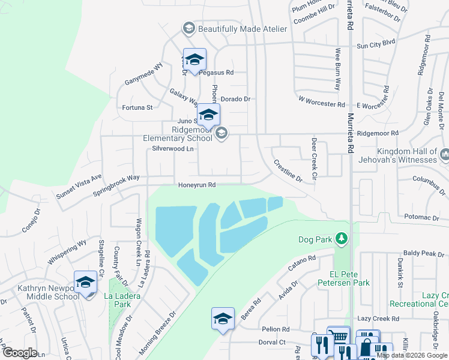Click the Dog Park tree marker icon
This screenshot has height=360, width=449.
(341, 239)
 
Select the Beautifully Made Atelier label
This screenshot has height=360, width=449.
(235, 29)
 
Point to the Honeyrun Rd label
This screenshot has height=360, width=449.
(196, 185)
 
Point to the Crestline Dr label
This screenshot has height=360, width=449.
(288, 170)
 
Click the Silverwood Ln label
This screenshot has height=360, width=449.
(173, 148)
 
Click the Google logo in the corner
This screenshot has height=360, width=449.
(20, 353)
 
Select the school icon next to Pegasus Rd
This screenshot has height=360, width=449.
(194, 59)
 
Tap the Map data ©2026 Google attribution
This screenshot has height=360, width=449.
(412, 355)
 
